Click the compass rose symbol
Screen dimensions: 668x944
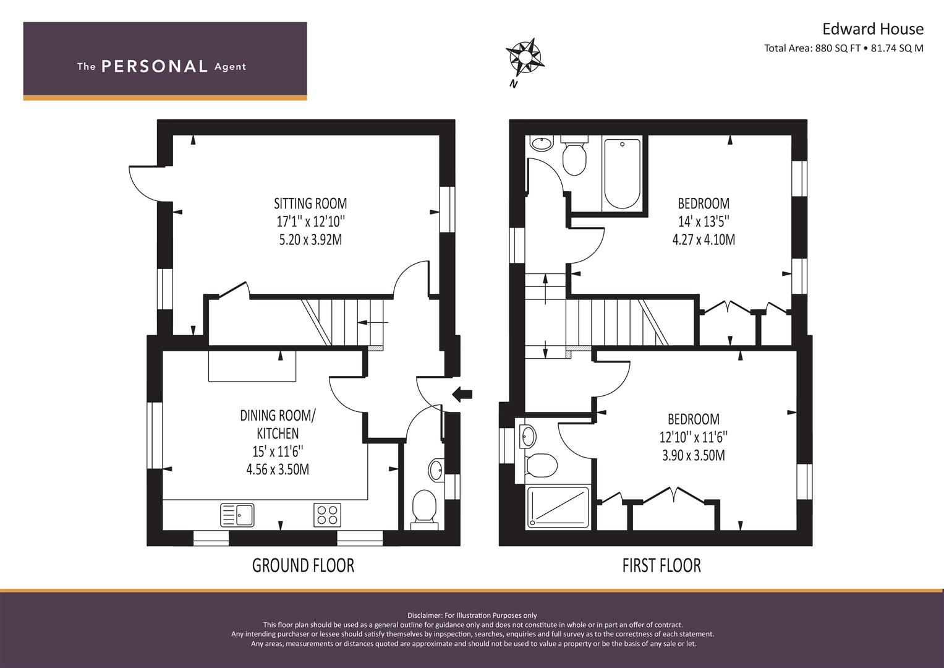click(x=525, y=57)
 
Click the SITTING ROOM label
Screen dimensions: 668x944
click(x=310, y=203)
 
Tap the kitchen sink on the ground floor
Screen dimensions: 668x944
click(x=237, y=515)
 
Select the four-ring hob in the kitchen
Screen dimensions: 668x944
click(x=327, y=515)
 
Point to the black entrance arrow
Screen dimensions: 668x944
click(x=462, y=393)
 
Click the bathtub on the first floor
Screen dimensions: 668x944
click(x=622, y=174)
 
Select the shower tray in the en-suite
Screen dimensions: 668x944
click(x=558, y=507)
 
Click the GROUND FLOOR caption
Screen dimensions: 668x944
click(x=303, y=565)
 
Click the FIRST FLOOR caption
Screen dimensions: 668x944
click(x=661, y=565)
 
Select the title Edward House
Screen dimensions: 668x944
click(x=872, y=29)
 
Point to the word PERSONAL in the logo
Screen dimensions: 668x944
click(x=154, y=66)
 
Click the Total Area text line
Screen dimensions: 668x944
click(x=843, y=48)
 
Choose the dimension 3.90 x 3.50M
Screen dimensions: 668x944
click(x=693, y=456)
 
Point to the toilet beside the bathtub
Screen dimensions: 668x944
click(x=574, y=157)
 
